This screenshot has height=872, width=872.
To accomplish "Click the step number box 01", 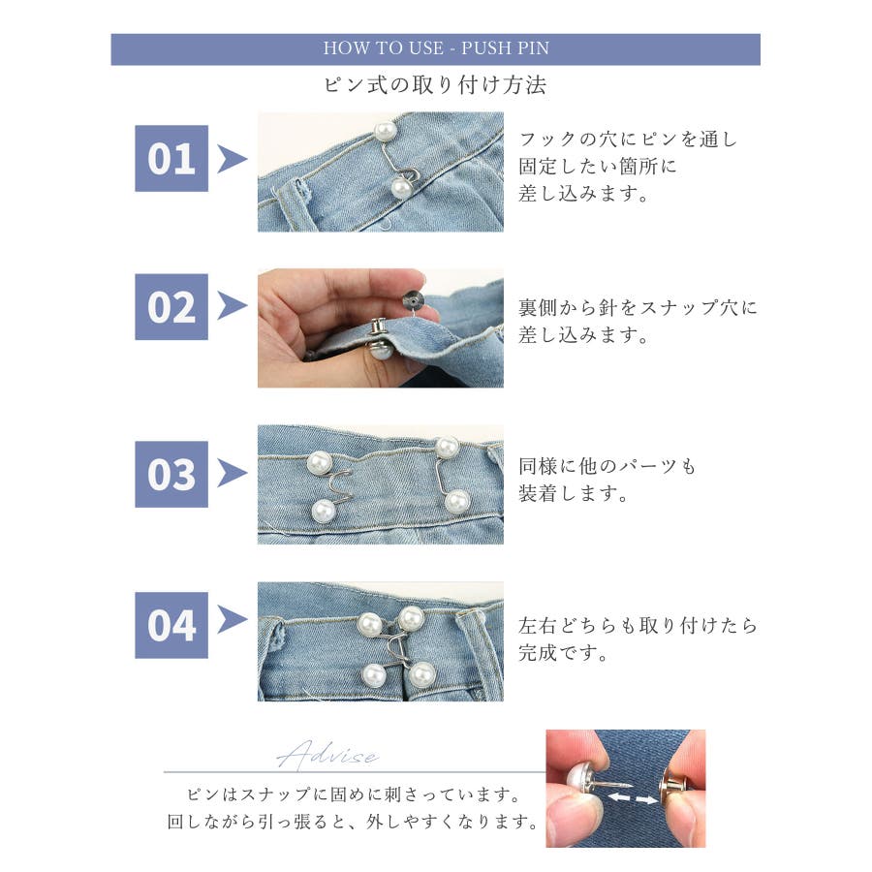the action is [171, 159].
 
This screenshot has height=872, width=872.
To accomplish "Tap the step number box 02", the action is [171, 307].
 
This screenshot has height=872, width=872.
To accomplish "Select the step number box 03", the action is [171, 475].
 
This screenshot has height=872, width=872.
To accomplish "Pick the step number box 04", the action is [171, 625].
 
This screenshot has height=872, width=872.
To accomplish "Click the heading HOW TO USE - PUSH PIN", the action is [436, 48].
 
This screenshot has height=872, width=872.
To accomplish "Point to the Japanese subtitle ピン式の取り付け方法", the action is [435, 85].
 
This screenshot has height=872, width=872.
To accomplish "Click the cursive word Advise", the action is [328, 755].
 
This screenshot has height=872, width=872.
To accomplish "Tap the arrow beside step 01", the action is [232, 159].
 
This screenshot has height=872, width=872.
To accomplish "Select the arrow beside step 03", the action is [232, 473].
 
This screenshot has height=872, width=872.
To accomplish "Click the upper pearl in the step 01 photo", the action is [386, 131].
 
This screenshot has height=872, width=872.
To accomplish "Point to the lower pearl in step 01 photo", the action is [401, 188].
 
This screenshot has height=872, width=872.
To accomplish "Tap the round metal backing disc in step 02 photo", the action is [413, 301].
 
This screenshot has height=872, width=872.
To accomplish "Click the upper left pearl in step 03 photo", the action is [320, 463].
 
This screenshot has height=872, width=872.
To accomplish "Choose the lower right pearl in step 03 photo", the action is [457, 502].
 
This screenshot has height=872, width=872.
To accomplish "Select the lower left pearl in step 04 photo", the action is [374, 675].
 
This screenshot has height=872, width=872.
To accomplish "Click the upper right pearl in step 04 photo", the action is [412, 618].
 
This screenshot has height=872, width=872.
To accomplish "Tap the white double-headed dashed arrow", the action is [632, 798].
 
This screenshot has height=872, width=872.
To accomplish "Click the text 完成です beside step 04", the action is [563, 653].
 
